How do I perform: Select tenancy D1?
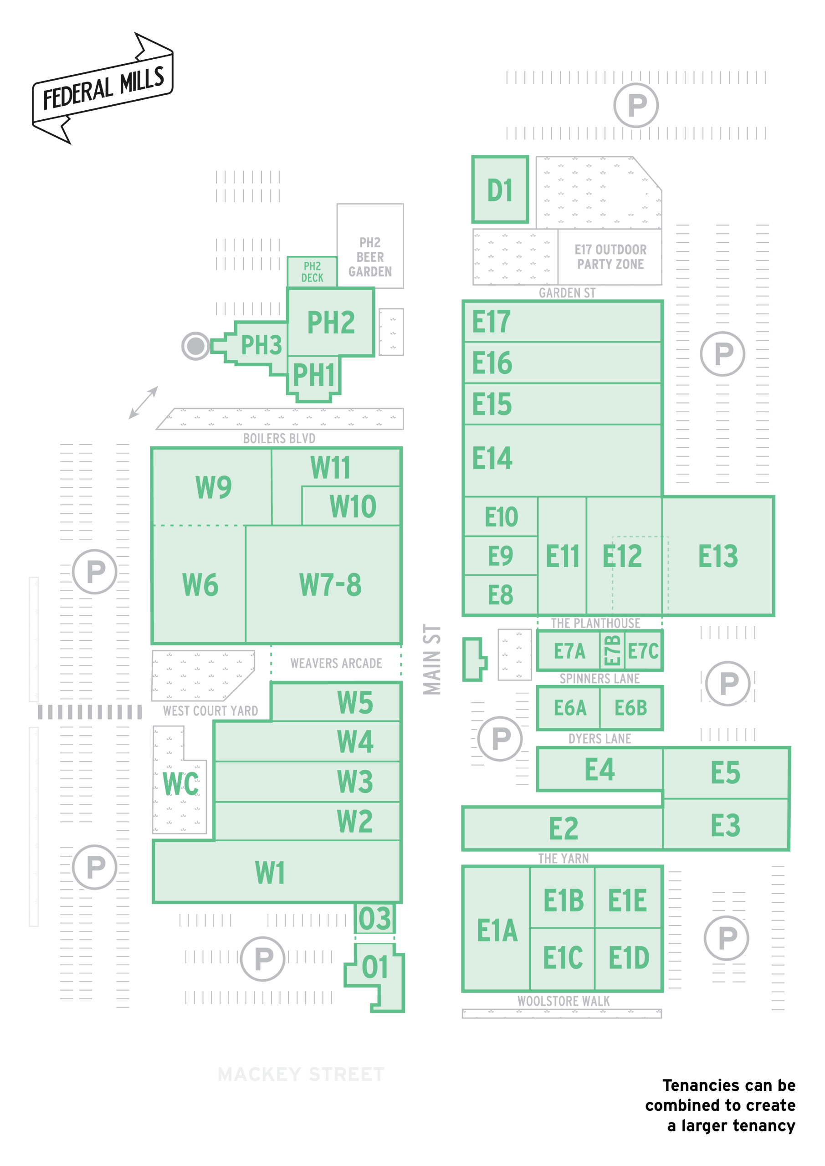point(500,189)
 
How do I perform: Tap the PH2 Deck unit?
point(312,272)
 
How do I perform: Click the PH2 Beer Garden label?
point(370,257)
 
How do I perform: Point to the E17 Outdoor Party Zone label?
point(610,257)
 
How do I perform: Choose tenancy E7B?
point(612,650)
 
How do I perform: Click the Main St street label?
point(432,660)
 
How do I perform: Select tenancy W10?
point(351,506)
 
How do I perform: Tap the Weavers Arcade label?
point(336,663)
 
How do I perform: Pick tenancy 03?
point(375,919)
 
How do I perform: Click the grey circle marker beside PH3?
point(195,346)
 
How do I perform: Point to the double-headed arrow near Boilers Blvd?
point(143,403)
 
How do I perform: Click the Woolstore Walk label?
point(564,1001)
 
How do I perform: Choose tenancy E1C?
point(562,958)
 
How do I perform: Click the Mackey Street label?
point(301,1074)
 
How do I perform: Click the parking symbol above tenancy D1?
point(636,105)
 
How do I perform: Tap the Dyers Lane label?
point(600,739)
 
